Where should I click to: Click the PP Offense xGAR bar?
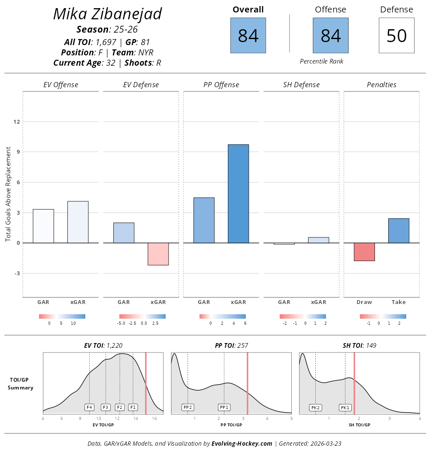[x=238, y=194]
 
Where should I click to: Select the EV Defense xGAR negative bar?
[x=158, y=254]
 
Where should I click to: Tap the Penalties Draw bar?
[x=364, y=252]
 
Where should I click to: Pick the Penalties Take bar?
[x=399, y=231]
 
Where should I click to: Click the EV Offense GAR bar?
[x=43, y=226]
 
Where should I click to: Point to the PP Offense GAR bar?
[x=204, y=220]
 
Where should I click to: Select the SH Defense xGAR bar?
[x=318, y=240]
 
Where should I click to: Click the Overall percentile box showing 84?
[x=248, y=36]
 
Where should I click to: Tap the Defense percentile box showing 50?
[x=396, y=36]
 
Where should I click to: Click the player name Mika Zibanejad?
[x=107, y=14]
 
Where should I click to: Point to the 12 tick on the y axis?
[x=17, y=122]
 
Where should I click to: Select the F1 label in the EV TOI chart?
[x=133, y=407]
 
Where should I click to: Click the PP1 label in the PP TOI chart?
[x=224, y=407]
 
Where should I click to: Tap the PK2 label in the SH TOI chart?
[x=315, y=407]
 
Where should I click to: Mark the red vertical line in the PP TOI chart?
[x=248, y=382]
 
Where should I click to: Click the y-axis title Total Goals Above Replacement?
[x=8, y=194]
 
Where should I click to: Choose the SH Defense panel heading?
[x=301, y=85]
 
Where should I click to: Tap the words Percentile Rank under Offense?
[x=321, y=61]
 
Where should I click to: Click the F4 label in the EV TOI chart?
[x=89, y=407]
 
